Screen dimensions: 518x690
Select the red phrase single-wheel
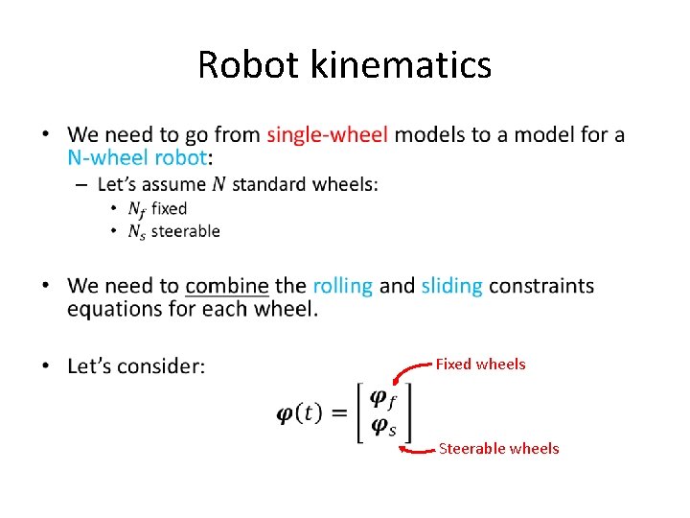pos(328,134)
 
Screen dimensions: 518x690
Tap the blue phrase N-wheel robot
pos(137,157)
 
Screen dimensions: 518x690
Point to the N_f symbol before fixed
pos(138,209)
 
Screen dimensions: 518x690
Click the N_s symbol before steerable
pos(138,232)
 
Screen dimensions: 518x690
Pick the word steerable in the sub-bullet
pos(186,231)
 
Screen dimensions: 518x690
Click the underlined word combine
pos(227,286)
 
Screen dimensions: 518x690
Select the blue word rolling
pos(342,286)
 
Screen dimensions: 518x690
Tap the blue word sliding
pos(451,286)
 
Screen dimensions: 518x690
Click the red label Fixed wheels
pos(480,365)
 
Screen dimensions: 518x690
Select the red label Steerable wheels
pos(498,448)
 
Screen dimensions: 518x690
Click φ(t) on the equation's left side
pos(300,412)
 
